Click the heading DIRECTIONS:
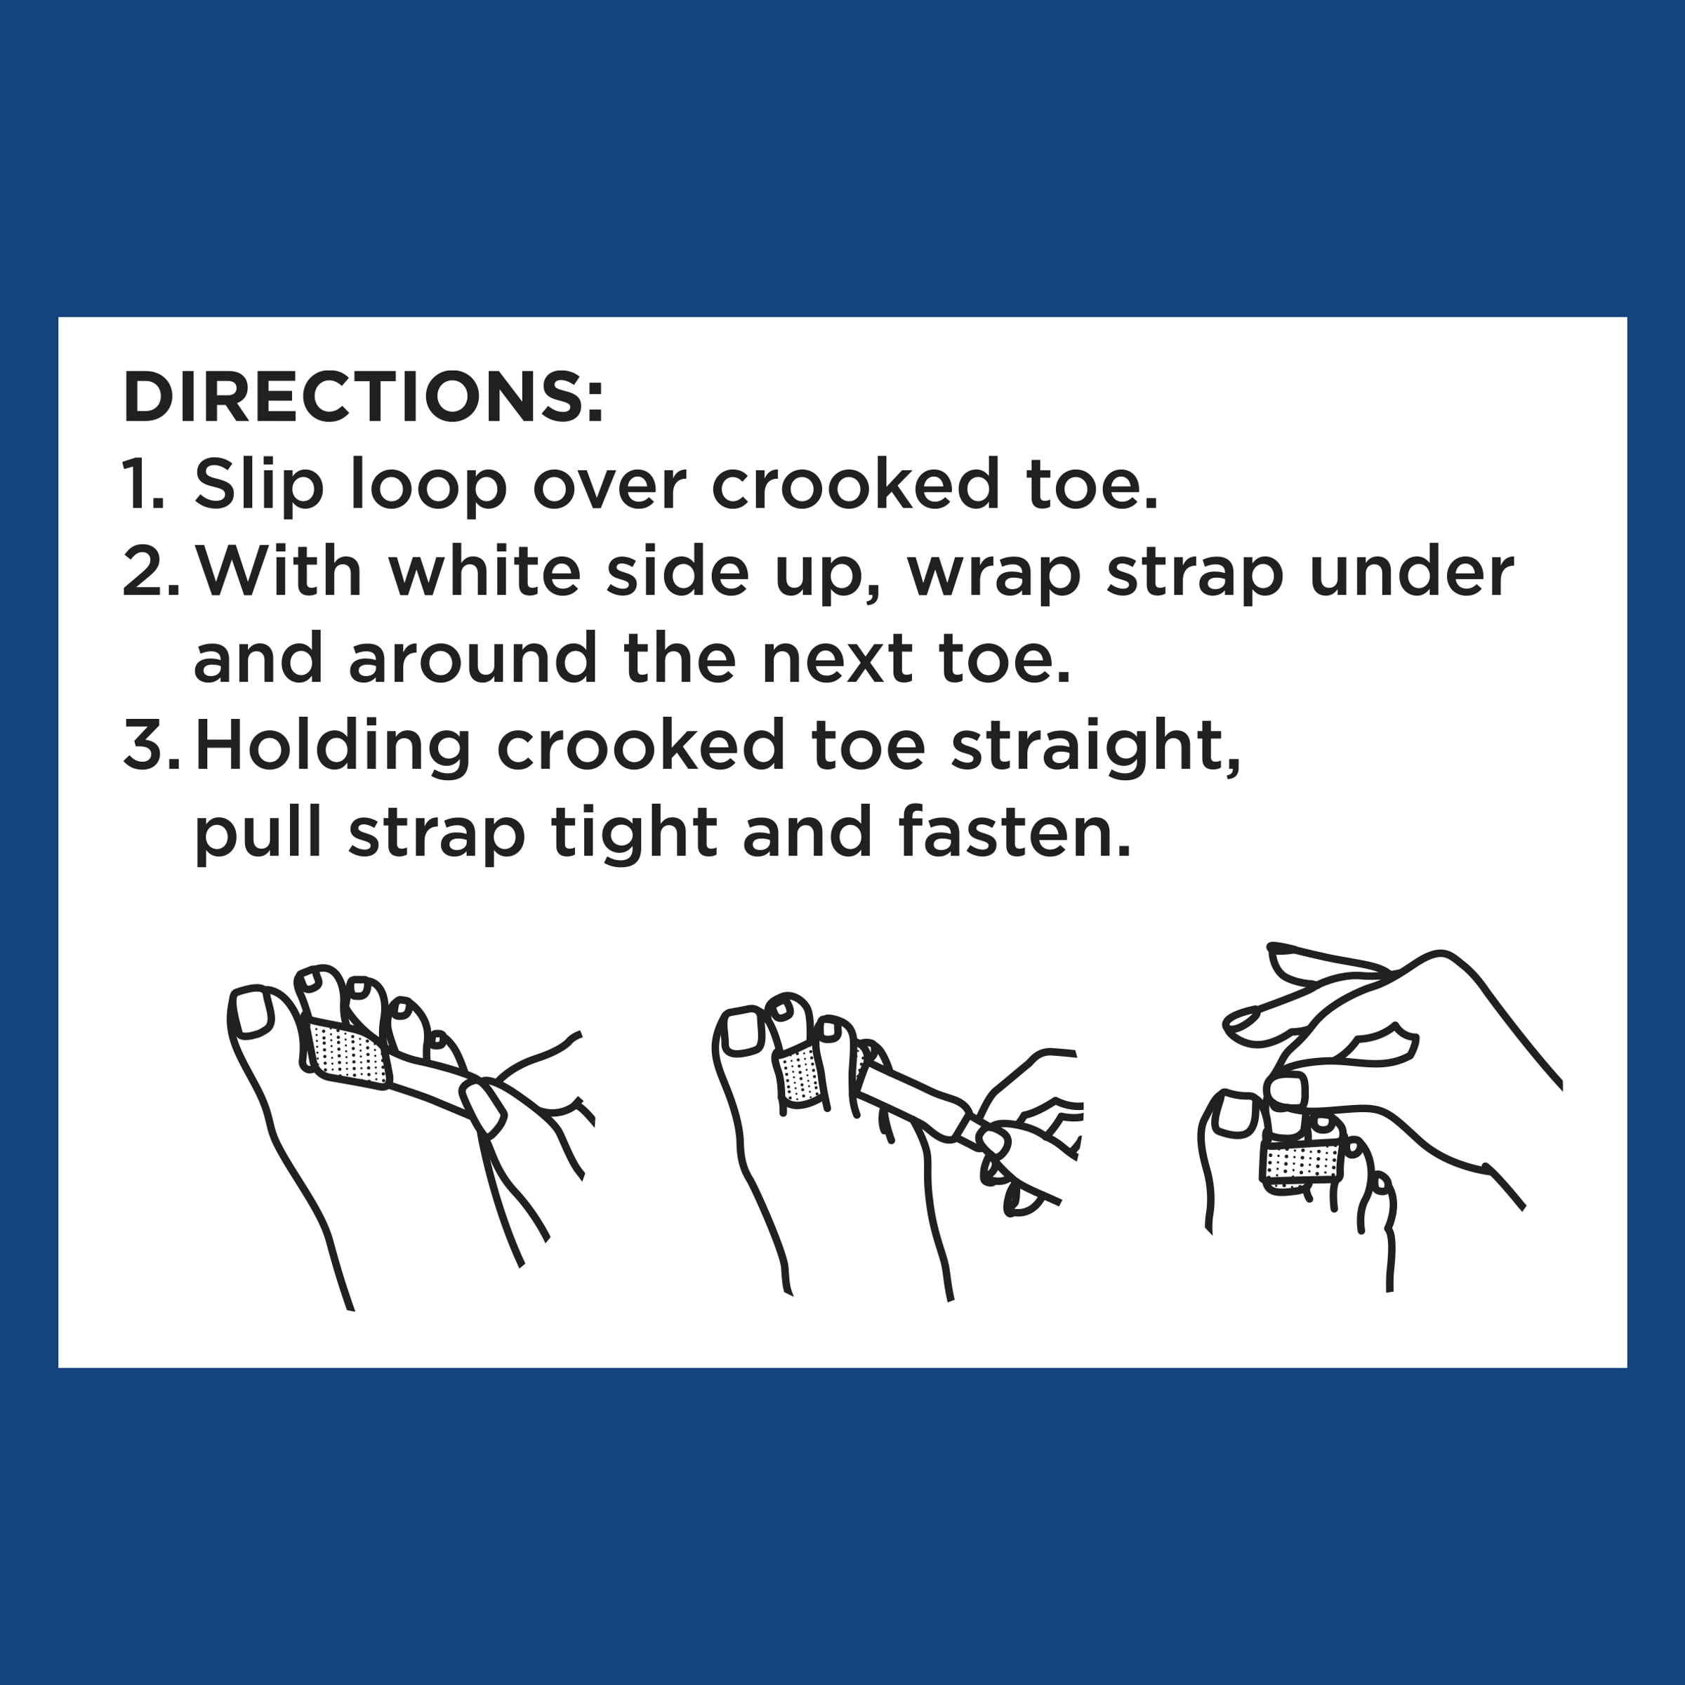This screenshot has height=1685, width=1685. [x=363, y=397]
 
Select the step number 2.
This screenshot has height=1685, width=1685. [x=151, y=571]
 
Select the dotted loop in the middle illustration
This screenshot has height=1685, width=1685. [x=799, y=1078]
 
